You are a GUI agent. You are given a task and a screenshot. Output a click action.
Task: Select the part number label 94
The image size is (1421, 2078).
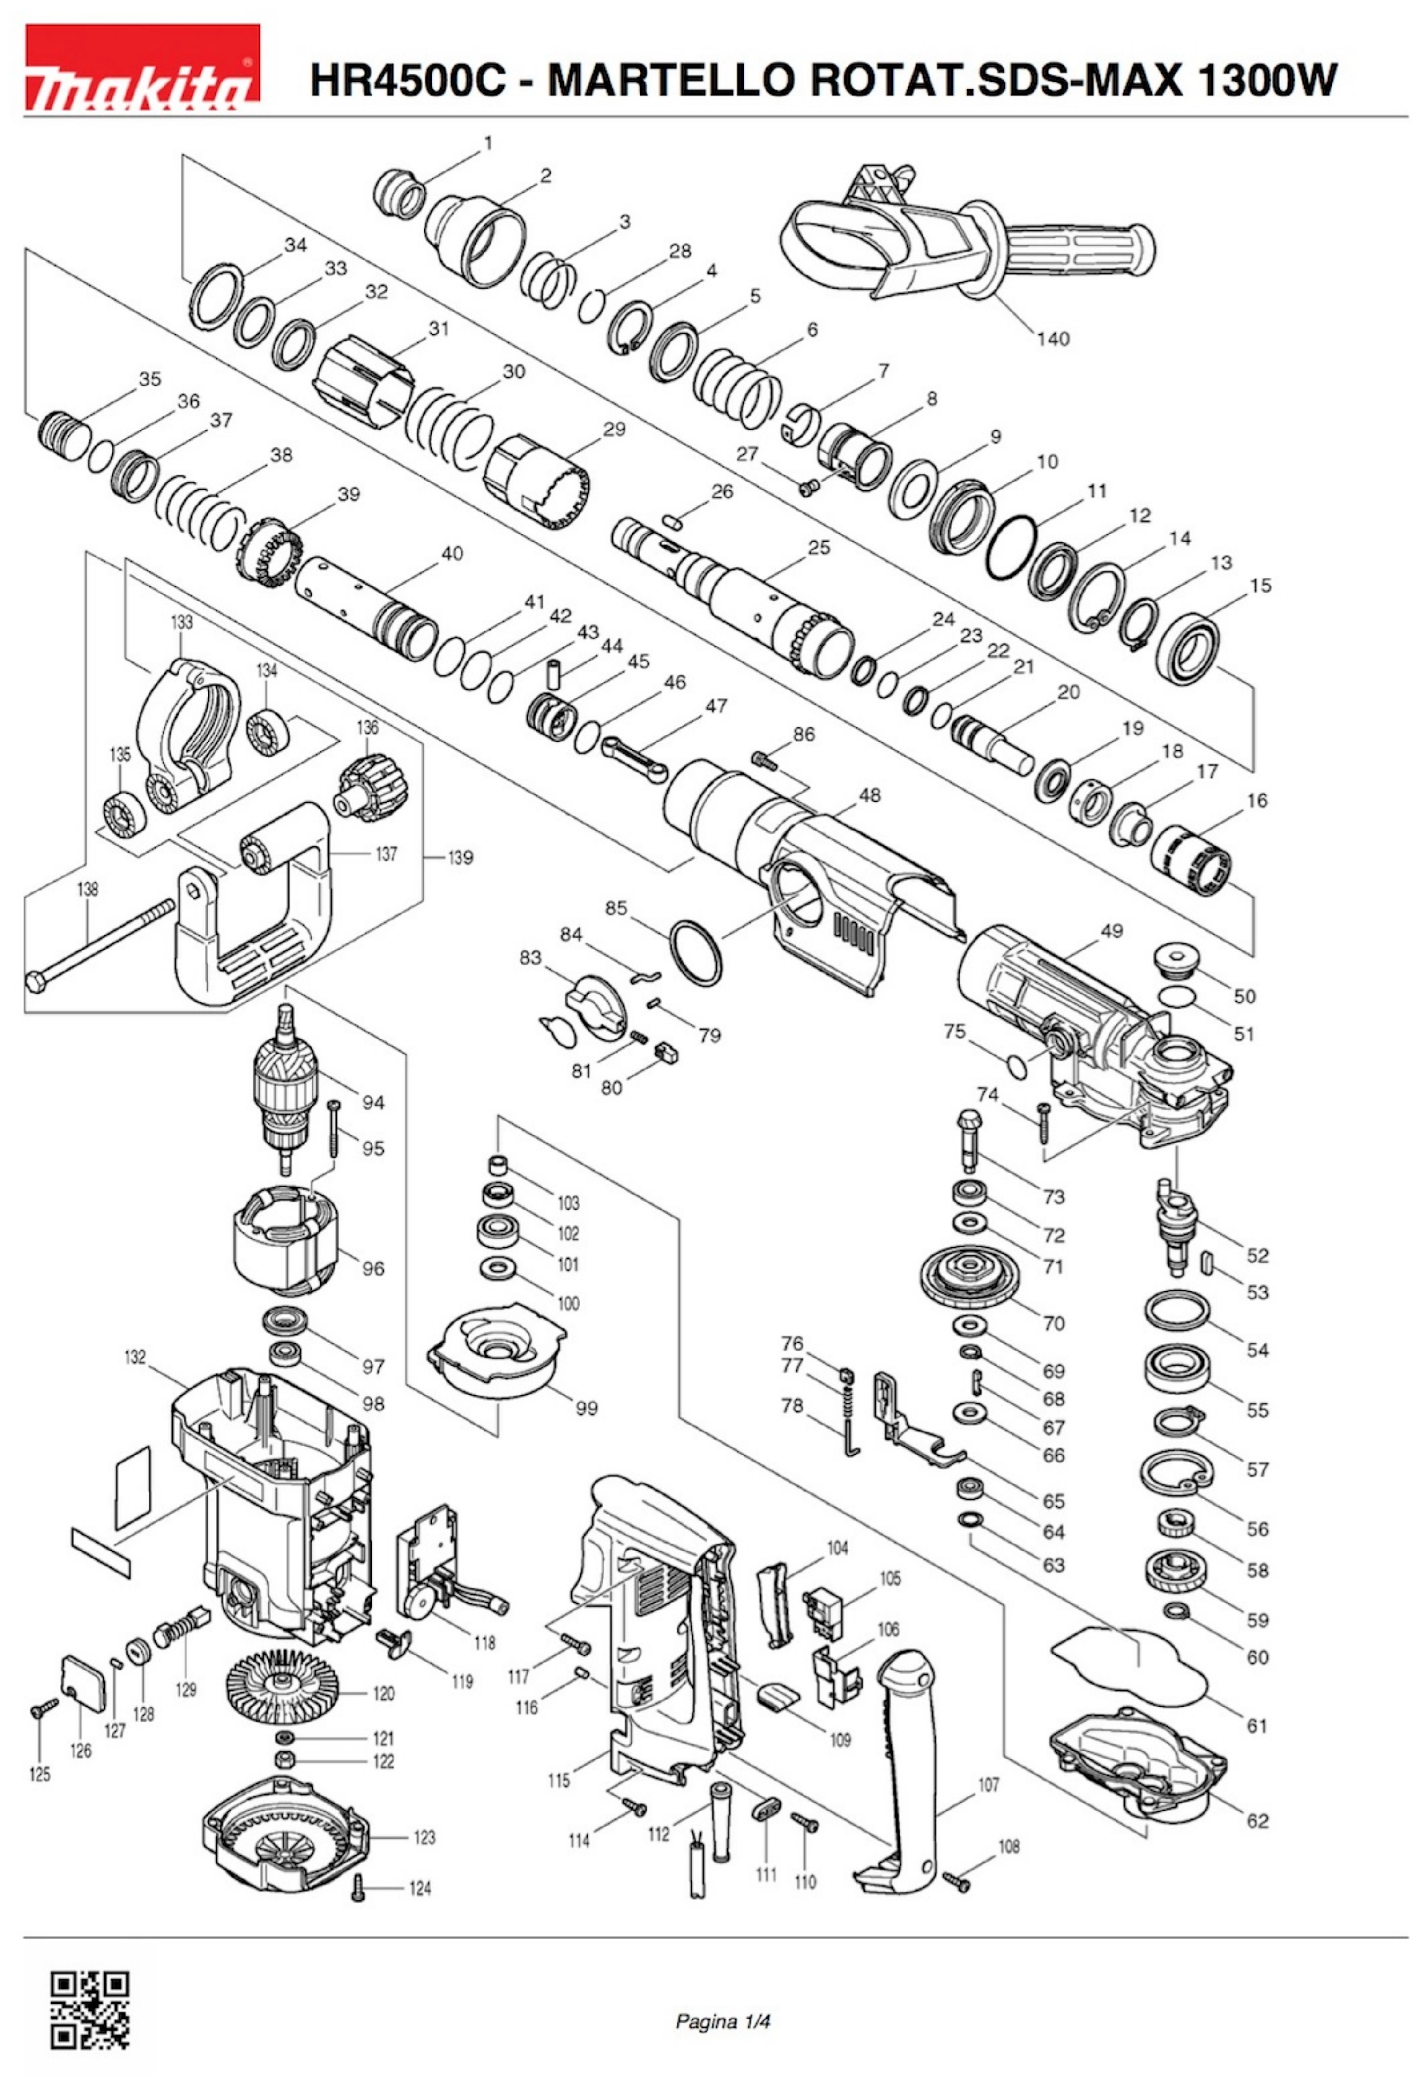(x=373, y=1103)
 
